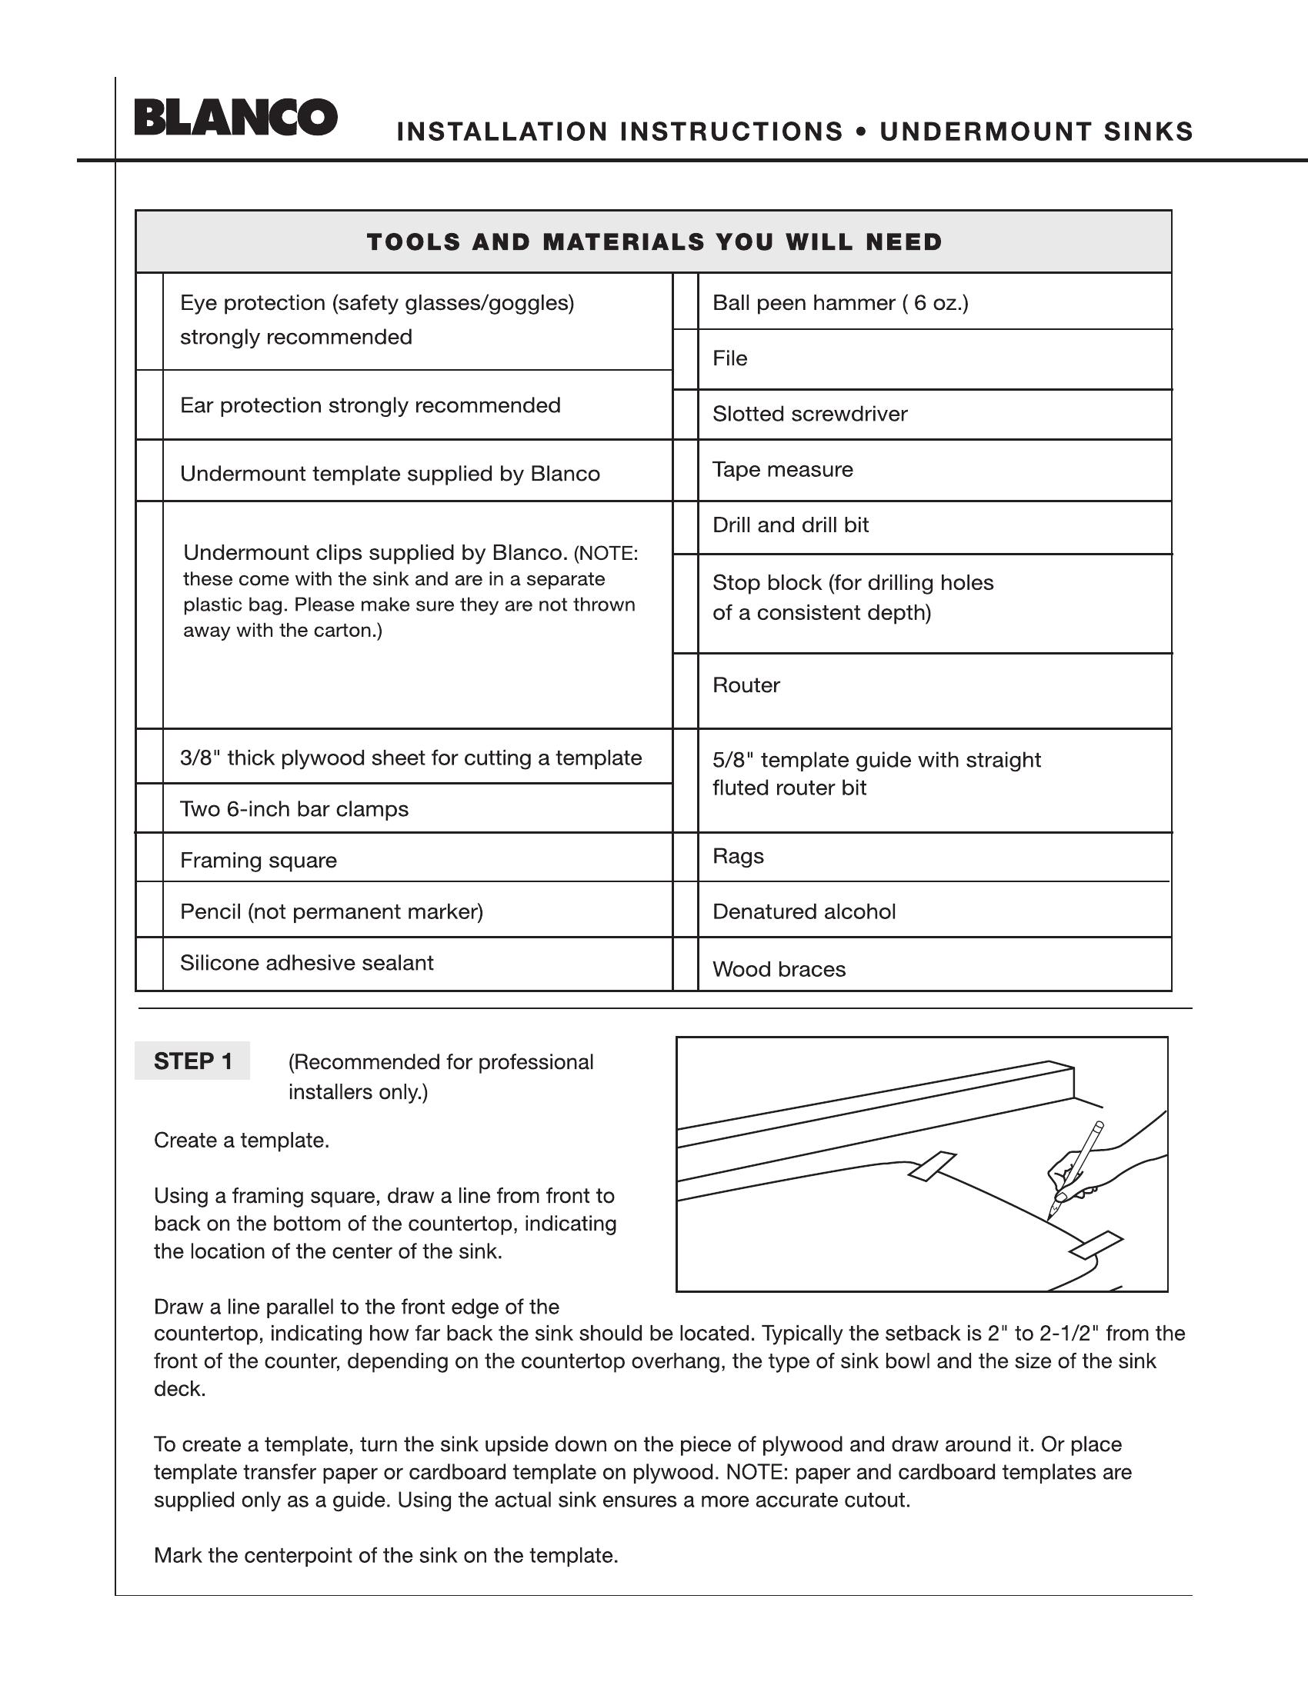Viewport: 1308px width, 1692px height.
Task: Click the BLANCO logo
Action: click(235, 118)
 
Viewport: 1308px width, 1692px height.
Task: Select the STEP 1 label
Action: click(192, 1061)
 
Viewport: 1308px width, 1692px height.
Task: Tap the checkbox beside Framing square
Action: click(149, 858)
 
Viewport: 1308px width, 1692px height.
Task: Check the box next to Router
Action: click(686, 691)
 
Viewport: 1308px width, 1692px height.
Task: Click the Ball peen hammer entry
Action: click(840, 302)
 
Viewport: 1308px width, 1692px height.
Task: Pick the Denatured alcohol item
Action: click(803, 911)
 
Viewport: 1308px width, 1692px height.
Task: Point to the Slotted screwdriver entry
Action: click(809, 414)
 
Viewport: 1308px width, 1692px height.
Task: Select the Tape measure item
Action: click(782, 469)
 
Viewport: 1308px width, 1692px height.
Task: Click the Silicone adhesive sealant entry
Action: click(306, 963)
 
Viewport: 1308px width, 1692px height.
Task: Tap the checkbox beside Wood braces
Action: click(686, 964)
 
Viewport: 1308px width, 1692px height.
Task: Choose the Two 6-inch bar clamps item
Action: click(294, 809)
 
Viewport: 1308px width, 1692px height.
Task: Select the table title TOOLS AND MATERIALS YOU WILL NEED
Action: click(654, 241)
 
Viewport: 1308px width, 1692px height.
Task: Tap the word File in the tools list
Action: click(729, 358)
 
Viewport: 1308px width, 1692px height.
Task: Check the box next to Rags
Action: click(686, 858)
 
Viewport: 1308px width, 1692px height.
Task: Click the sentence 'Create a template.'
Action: click(241, 1141)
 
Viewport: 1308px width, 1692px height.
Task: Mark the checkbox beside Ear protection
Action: click(149, 405)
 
